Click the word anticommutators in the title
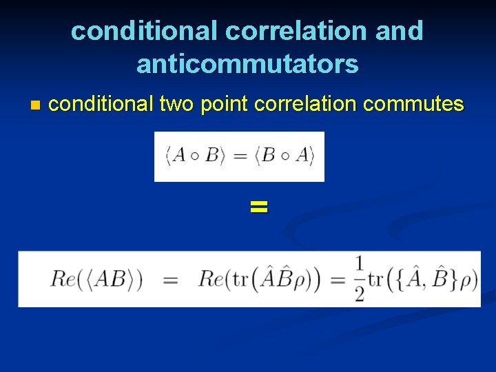(x=247, y=64)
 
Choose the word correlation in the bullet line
(x=305, y=105)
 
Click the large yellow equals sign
(x=258, y=206)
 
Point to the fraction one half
(x=360, y=279)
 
